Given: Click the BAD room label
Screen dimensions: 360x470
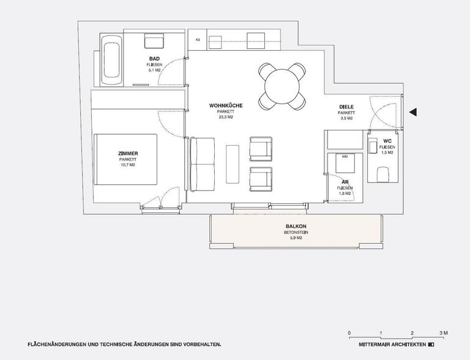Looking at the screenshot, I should click(x=154, y=59).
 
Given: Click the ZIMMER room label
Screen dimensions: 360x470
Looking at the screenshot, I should click(x=128, y=154).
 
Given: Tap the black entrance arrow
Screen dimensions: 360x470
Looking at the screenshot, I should click(x=413, y=112).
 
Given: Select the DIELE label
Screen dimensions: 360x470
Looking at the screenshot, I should click(x=347, y=107).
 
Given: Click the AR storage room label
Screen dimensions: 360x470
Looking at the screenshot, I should click(x=345, y=183).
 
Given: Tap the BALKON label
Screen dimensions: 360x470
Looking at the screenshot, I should click(x=296, y=227).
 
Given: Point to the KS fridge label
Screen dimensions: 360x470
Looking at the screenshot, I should click(x=198, y=40).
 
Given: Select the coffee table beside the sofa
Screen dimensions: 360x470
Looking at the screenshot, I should click(x=232, y=163).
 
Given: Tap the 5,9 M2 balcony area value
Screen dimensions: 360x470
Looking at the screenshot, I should click(x=296, y=238).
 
